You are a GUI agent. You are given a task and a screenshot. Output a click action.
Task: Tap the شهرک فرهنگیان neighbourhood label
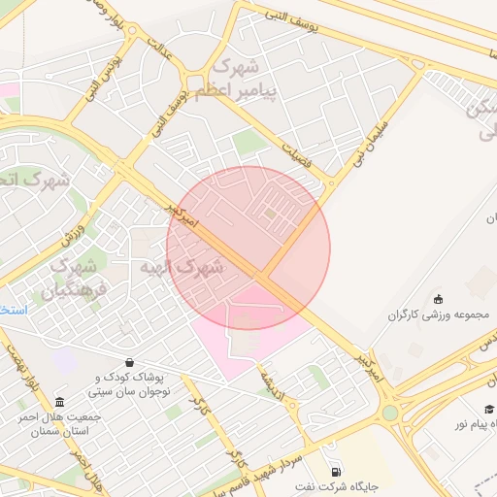[x=68, y=277]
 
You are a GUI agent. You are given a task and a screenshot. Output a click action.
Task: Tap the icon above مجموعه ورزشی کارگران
[x=439, y=298]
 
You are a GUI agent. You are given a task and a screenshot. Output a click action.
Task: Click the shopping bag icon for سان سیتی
[x=130, y=362]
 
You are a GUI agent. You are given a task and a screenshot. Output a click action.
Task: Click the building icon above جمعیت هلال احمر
[x=60, y=402]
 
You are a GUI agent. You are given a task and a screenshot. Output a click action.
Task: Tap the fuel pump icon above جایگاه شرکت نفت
[x=336, y=470]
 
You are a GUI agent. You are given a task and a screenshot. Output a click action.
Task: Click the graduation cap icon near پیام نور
[x=490, y=411]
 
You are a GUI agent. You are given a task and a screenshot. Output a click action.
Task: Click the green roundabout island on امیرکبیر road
[x=389, y=413]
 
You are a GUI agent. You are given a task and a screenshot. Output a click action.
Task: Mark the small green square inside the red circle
[x=271, y=213]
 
